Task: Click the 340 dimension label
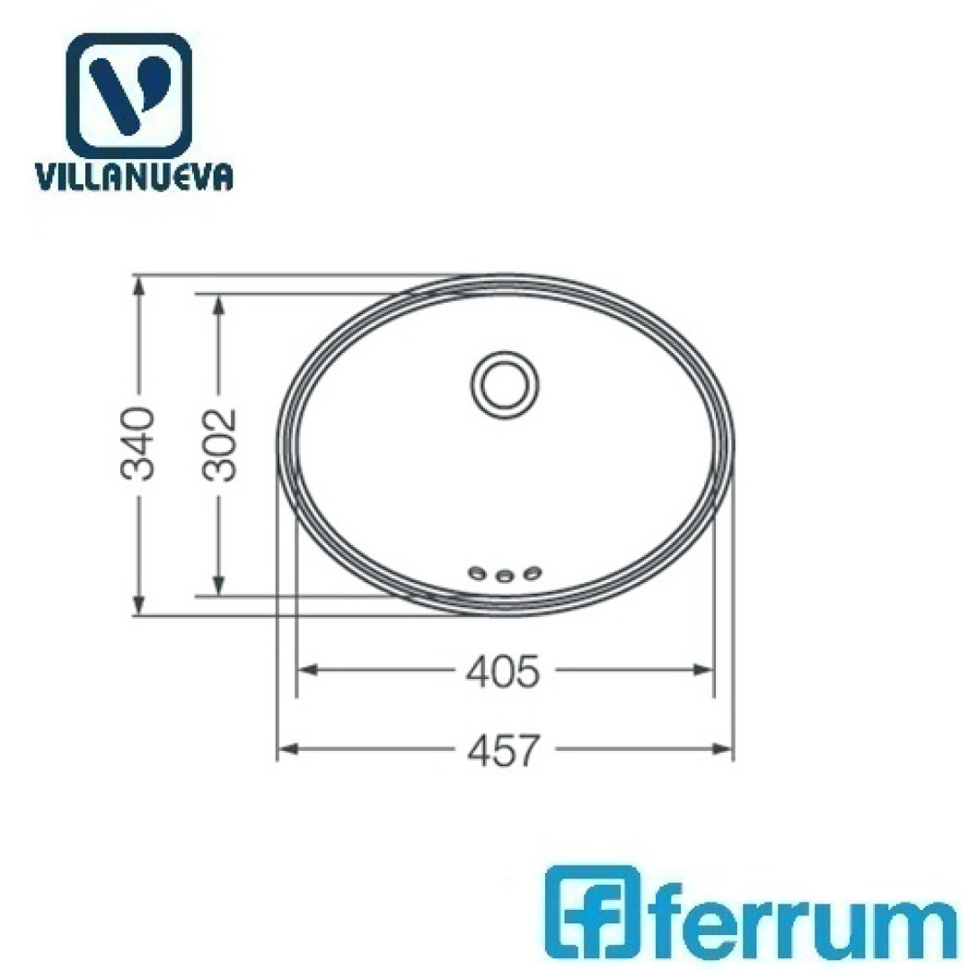tap(137, 445)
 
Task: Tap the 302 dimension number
tap(220, 445)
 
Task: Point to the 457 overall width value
tap(502, 750)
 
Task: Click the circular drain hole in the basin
tap(505, 385)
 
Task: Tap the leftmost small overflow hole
tap(477, 574)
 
